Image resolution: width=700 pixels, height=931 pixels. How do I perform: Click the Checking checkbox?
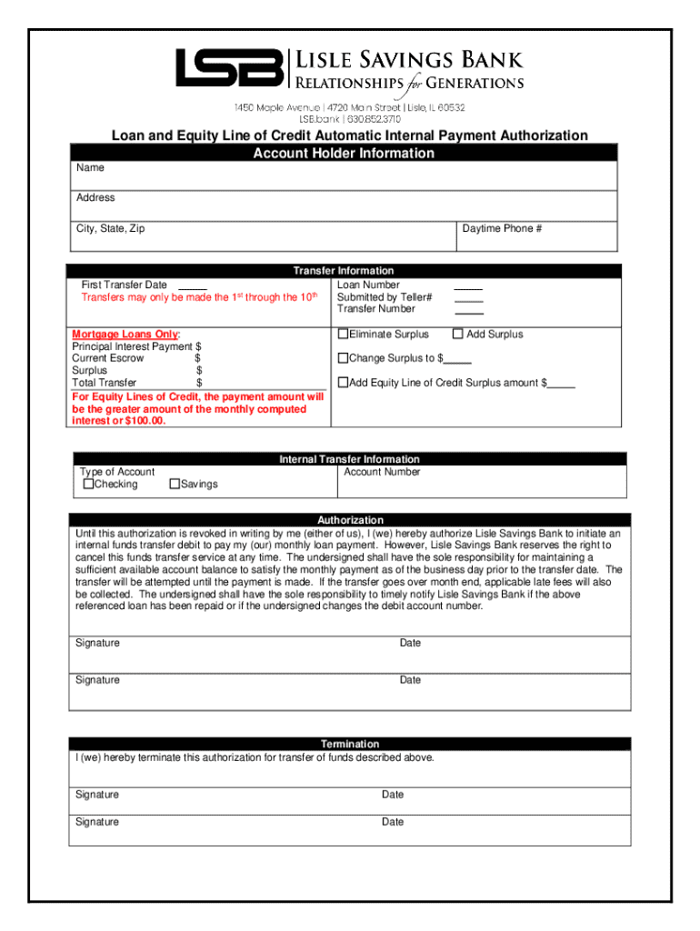click(88, 485)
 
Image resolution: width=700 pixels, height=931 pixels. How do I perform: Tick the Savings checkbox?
click(175, 485)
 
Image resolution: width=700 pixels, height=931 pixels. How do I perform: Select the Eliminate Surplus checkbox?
click(343, 334)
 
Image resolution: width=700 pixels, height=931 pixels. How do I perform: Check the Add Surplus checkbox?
click(458, 334)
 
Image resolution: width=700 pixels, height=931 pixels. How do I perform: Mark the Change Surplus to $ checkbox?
click(343, 358)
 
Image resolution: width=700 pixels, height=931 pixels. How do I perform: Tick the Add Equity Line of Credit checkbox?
click(343, 383)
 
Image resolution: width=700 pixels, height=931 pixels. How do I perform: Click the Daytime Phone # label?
click(502, 228)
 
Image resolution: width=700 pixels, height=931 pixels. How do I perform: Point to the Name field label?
click(90, 168)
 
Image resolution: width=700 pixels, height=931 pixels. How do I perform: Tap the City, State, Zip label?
click(110, 228)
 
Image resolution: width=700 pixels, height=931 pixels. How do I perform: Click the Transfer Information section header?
click(343, 271)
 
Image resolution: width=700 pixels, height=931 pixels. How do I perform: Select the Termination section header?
click(349, 744)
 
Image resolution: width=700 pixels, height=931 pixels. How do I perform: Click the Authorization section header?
click(349, 520)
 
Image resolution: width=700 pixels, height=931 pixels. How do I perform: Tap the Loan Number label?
click(367, 285)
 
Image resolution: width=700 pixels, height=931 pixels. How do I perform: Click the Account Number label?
click(382, 472)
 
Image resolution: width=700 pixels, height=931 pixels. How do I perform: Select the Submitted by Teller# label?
click(384, 297)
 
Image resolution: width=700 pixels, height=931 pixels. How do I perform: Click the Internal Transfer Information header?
click(349, 459)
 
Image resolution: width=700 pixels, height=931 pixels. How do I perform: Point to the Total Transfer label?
click(104, 383)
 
